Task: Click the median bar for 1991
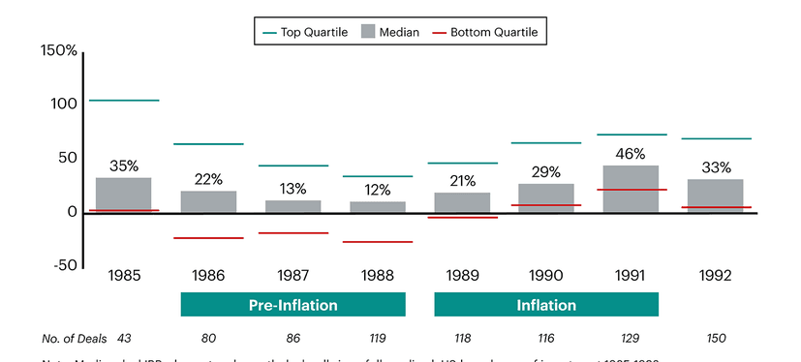pyautogui.click(x=632, y=189)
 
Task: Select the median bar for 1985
pyautogui.click(x=123, y=195)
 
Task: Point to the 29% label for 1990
pyautogui.click(x=546, y=171)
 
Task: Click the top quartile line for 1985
pyautogui.click(x=123, y=101)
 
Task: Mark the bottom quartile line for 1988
pyautogui.click(x=378, y=242)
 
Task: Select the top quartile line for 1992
pyautogui.click(x=717, y=138)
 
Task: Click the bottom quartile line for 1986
pyautogui.click(x=208, y=238)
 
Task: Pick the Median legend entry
pyautogui.click(x=389, y=32)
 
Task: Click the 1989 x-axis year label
pyautogui.click(x=462, y=276)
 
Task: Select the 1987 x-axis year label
pyautogui.click(x=293, y=276)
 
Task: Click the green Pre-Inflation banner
pyautogui.click(x=293, y=305)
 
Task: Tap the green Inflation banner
pyautogui.click(x=546, y=305)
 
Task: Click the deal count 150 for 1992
pyautogui.click(x=717, y=338)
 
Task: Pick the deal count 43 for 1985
pyautogui.click(x=124, y=338)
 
